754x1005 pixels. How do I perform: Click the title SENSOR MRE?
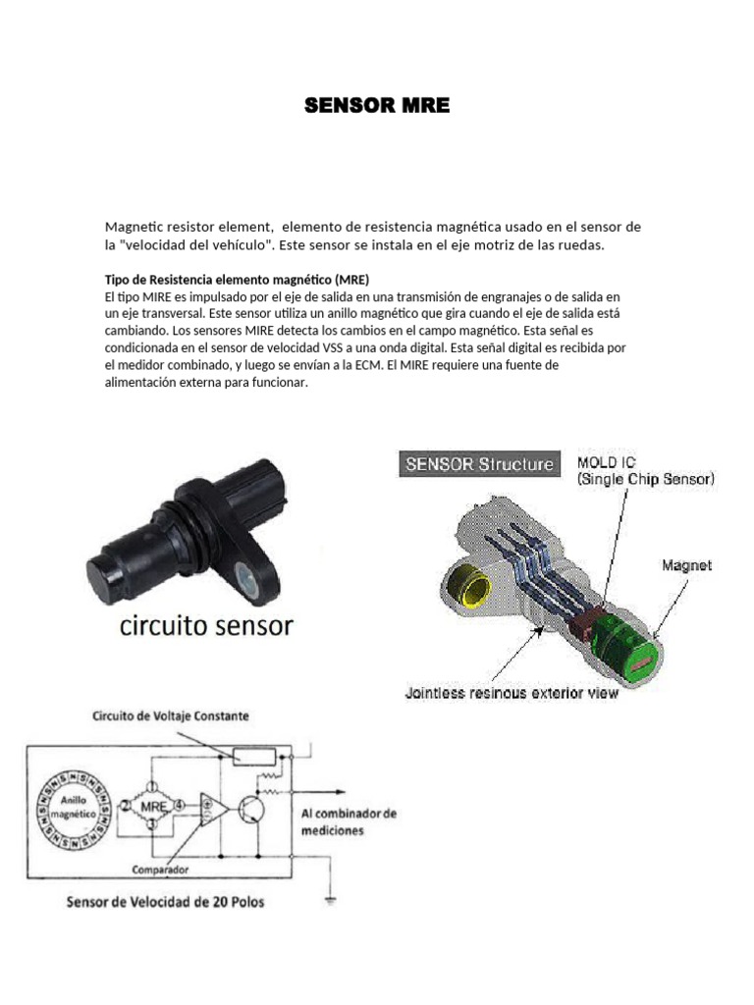click(x=377, y=106)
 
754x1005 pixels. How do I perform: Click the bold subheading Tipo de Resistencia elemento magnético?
click(x=237, y=279)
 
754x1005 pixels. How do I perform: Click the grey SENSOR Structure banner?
click(x=478, y=464)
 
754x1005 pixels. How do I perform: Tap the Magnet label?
click(x=686, y=565)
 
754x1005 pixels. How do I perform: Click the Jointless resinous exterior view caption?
click(x=512, y=694)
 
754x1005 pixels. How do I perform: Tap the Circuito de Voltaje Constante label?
click(x=170, y=716)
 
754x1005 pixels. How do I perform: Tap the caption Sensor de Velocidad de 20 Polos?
click(x=165, y=901)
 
